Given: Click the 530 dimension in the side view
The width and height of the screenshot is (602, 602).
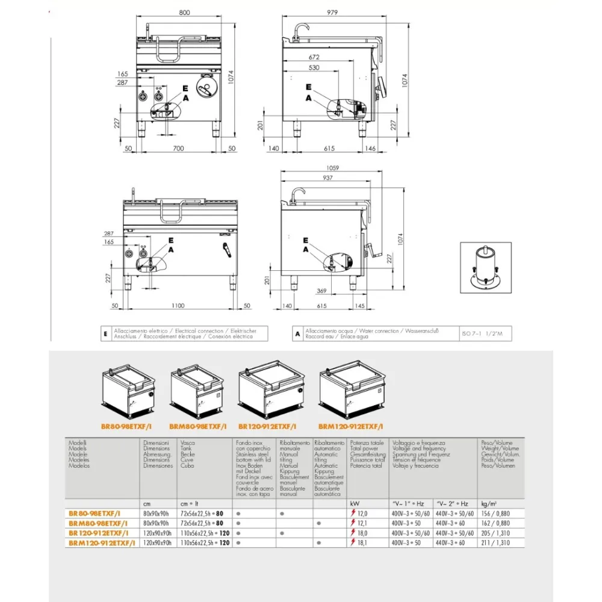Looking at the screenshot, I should point(312,68).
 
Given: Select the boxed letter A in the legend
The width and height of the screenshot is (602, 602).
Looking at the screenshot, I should point(297,334).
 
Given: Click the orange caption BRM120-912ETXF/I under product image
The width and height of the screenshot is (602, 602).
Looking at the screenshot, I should point(352,426).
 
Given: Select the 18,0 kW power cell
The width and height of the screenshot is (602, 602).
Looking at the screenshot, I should point(362,533).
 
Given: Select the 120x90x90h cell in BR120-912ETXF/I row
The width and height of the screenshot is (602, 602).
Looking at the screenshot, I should point(157,533).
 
